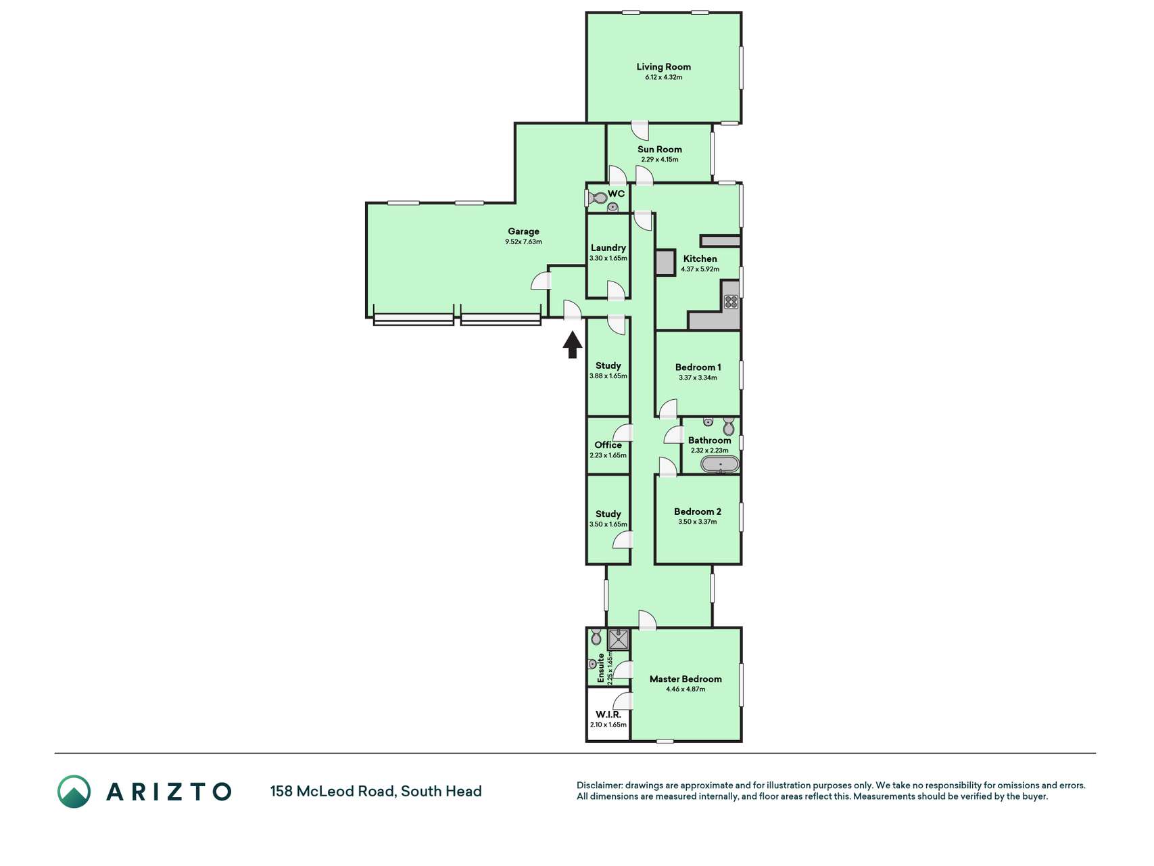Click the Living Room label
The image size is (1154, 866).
coord(663,67)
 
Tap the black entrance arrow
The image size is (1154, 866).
coord(573,344)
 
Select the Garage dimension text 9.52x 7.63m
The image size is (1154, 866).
coord(523,242)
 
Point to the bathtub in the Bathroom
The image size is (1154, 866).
coord(720,464)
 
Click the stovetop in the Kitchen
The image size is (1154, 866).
coord(731,302)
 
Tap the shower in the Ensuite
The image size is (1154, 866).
coord(618,639)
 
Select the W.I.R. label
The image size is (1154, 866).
coord(608,714)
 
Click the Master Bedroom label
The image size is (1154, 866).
coord(686,679)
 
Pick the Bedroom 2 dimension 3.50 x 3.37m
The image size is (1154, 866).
coord(698,522)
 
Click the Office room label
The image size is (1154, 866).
coord(608,445)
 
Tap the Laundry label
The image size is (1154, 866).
coord(608,248)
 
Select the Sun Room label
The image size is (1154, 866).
coord(660,150)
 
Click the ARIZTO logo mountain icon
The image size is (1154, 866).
coord(74,792)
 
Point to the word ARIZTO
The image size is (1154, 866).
coord(169,792)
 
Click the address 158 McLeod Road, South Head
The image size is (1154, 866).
coord(376,792)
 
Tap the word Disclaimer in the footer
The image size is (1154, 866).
coord(600,785)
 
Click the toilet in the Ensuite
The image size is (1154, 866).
coord(596,637)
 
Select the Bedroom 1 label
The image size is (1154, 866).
coord(698,367)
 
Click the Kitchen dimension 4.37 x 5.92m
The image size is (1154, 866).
coord(700,269)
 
